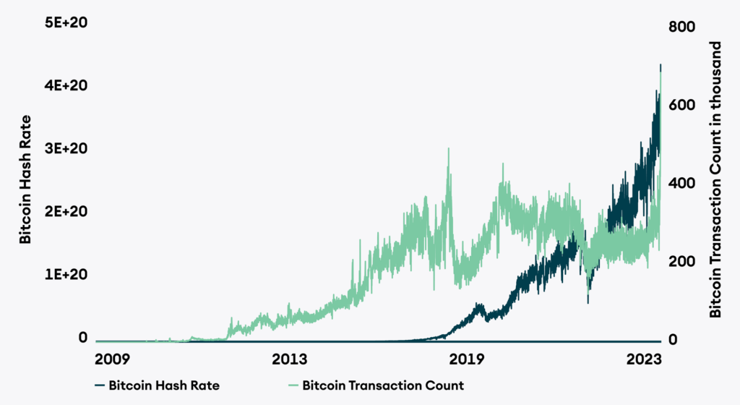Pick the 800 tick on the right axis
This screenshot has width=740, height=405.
tap(682, 27)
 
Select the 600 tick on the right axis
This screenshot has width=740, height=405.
tap(682, 106)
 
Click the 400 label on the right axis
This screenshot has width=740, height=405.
tap(682, 184)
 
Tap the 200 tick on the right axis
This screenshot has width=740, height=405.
tap(682, 262)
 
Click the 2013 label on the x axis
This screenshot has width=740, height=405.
tap(291, 359)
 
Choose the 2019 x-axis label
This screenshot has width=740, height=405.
tap(470, 359)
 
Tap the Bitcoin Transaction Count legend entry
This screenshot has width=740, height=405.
tap(383, 385)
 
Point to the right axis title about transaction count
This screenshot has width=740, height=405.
tap(716, 179)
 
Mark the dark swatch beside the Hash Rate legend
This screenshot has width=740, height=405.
tap(98, 385)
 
